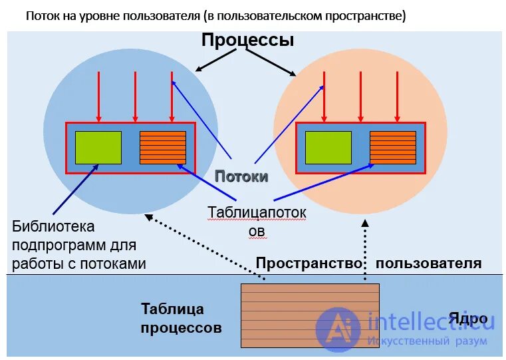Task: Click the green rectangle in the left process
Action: [x=98, y=148]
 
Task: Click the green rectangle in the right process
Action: [x=328, y=148]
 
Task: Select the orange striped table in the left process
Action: [x=163, y=148]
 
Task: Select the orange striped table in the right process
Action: [x=392, y=148]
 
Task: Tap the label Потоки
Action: [x=241, y=176]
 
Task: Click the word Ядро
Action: [x=468, y=317]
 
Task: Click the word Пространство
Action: [x=309, y=264]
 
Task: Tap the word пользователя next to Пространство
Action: [x=428, y=264]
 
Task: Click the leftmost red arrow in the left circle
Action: [x=98, y=96]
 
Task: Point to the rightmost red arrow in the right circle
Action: [x=396, y=96]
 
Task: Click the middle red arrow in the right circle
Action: [x=360, y=96]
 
